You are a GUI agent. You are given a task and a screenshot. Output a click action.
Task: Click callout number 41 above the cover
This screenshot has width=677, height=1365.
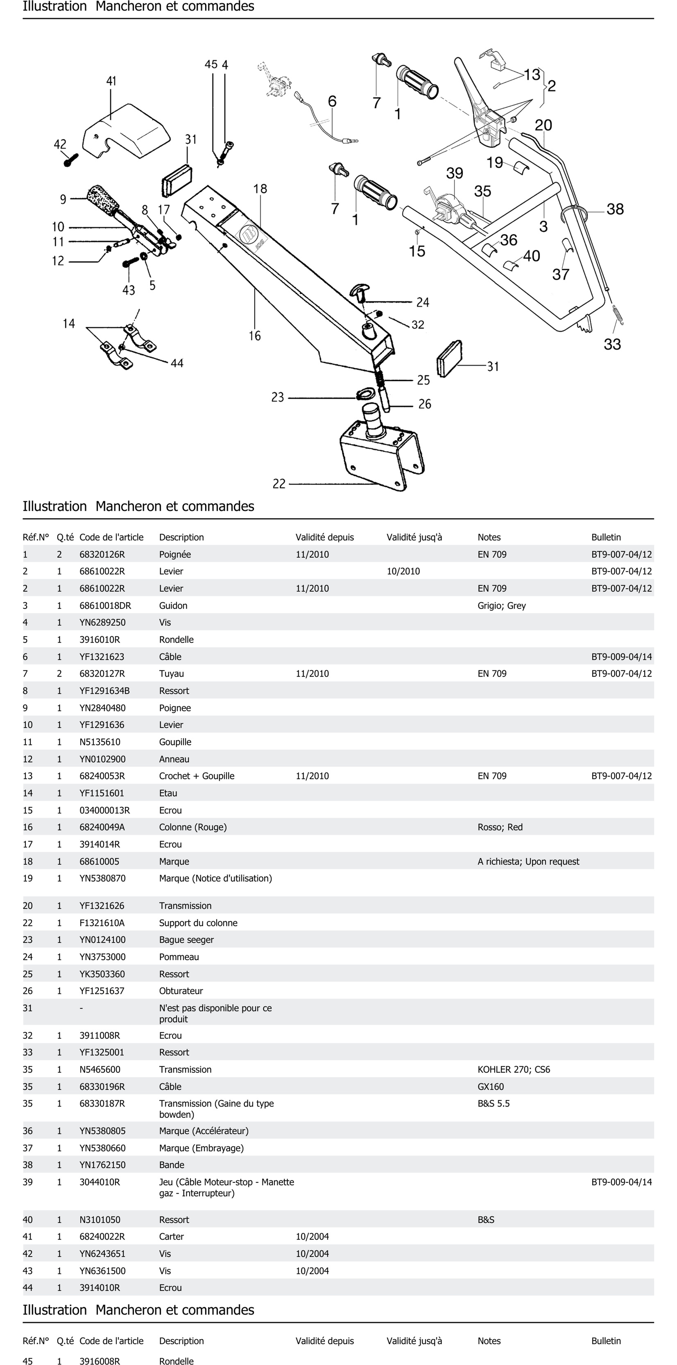pos(111,81)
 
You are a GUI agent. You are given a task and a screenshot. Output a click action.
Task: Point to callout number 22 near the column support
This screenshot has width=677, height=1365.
pos(279,484)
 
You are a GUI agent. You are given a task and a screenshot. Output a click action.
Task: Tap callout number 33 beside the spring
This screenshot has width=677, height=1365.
pos(612,345)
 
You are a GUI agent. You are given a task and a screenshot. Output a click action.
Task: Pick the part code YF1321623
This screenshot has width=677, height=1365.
pos(102,657)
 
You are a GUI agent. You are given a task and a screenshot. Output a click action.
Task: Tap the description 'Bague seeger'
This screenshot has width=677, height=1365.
pos(186,939)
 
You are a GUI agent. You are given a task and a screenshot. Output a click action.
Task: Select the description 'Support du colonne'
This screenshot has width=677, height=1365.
pos(198,923)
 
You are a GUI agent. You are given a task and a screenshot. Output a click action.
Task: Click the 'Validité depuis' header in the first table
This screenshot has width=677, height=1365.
pos(324,537)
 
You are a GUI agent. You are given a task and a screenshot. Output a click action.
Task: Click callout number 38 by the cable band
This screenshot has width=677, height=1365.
pos(615,209)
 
